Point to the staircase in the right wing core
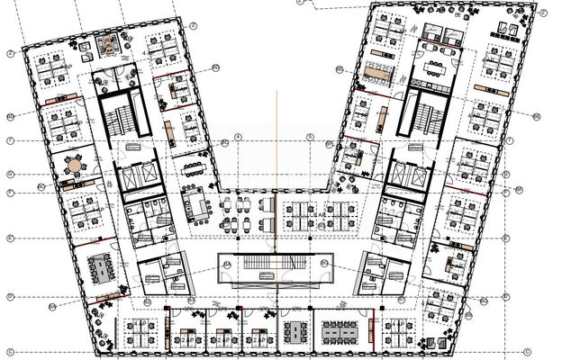(427, 116)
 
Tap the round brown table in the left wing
(73, 166)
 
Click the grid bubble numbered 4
(238, 136)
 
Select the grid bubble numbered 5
(308, 137)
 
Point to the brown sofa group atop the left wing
(108, 44)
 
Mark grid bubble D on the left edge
(8, 238)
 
